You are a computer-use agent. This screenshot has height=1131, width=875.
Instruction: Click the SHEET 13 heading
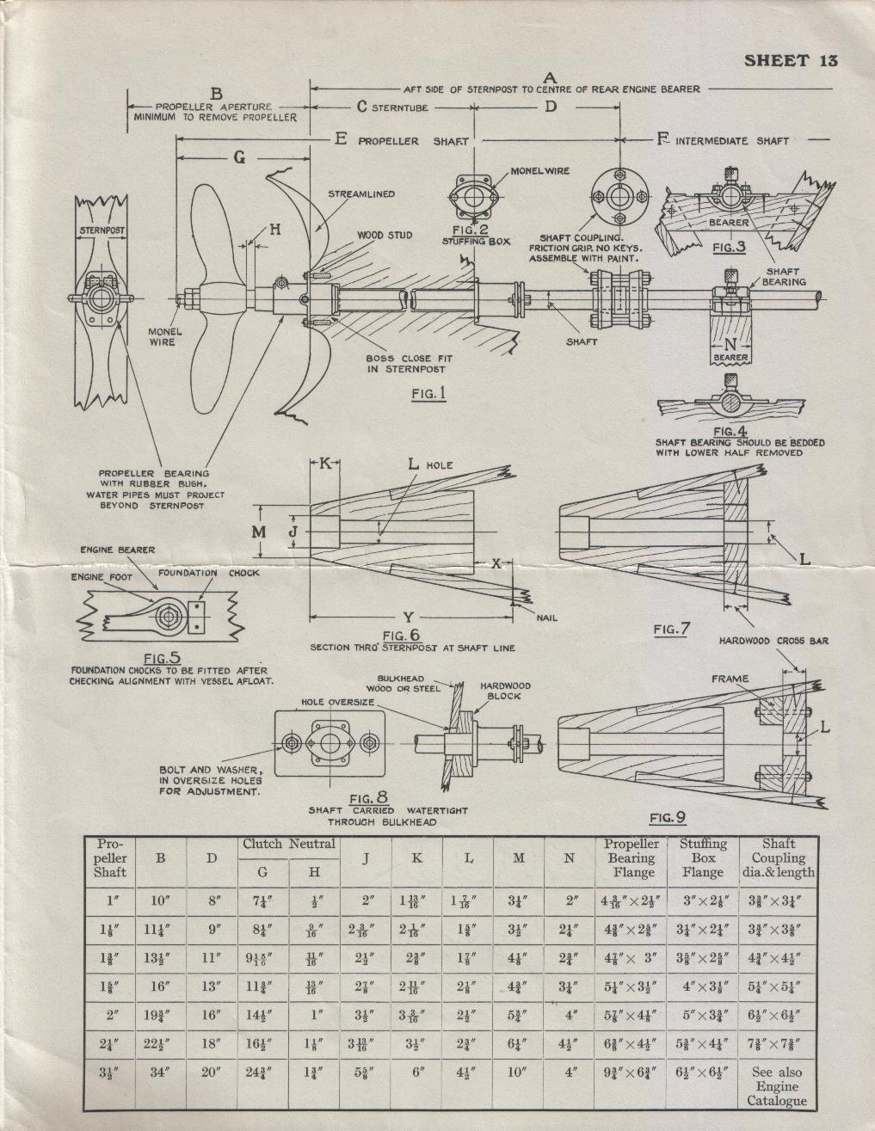(x=791, y=60)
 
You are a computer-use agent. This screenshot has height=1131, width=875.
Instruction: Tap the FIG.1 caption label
(x=428, y=394)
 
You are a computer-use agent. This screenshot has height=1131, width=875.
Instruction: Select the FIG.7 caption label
(x=671, y=630)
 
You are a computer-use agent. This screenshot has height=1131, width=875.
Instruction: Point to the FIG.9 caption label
(x=668, y=817)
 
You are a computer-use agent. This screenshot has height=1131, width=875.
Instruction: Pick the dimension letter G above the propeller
(x=239, y=157)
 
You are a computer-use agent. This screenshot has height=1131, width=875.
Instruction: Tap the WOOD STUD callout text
(x=385, y=235)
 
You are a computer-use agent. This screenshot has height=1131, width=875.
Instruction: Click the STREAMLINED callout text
(x=361, y=194)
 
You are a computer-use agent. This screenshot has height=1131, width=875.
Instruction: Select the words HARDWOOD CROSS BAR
(x=773, y=641)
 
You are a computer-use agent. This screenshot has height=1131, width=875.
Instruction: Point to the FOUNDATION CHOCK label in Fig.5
(x=208, y=572)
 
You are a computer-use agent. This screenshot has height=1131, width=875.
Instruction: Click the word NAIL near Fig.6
(x=546, y=618)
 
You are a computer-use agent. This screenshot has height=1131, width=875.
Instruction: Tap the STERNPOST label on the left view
(x=102, y=231)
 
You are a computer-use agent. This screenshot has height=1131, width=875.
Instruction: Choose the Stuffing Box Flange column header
(x=703, y=857)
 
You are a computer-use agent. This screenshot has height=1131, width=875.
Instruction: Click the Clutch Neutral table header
(x=288, y=844)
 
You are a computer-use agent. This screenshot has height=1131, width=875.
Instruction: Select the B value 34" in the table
(x=160, y=1073)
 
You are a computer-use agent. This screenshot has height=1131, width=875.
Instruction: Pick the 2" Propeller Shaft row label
(x=111, y=1014)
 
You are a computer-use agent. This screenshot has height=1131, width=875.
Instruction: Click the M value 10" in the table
(x=518, y=1073)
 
